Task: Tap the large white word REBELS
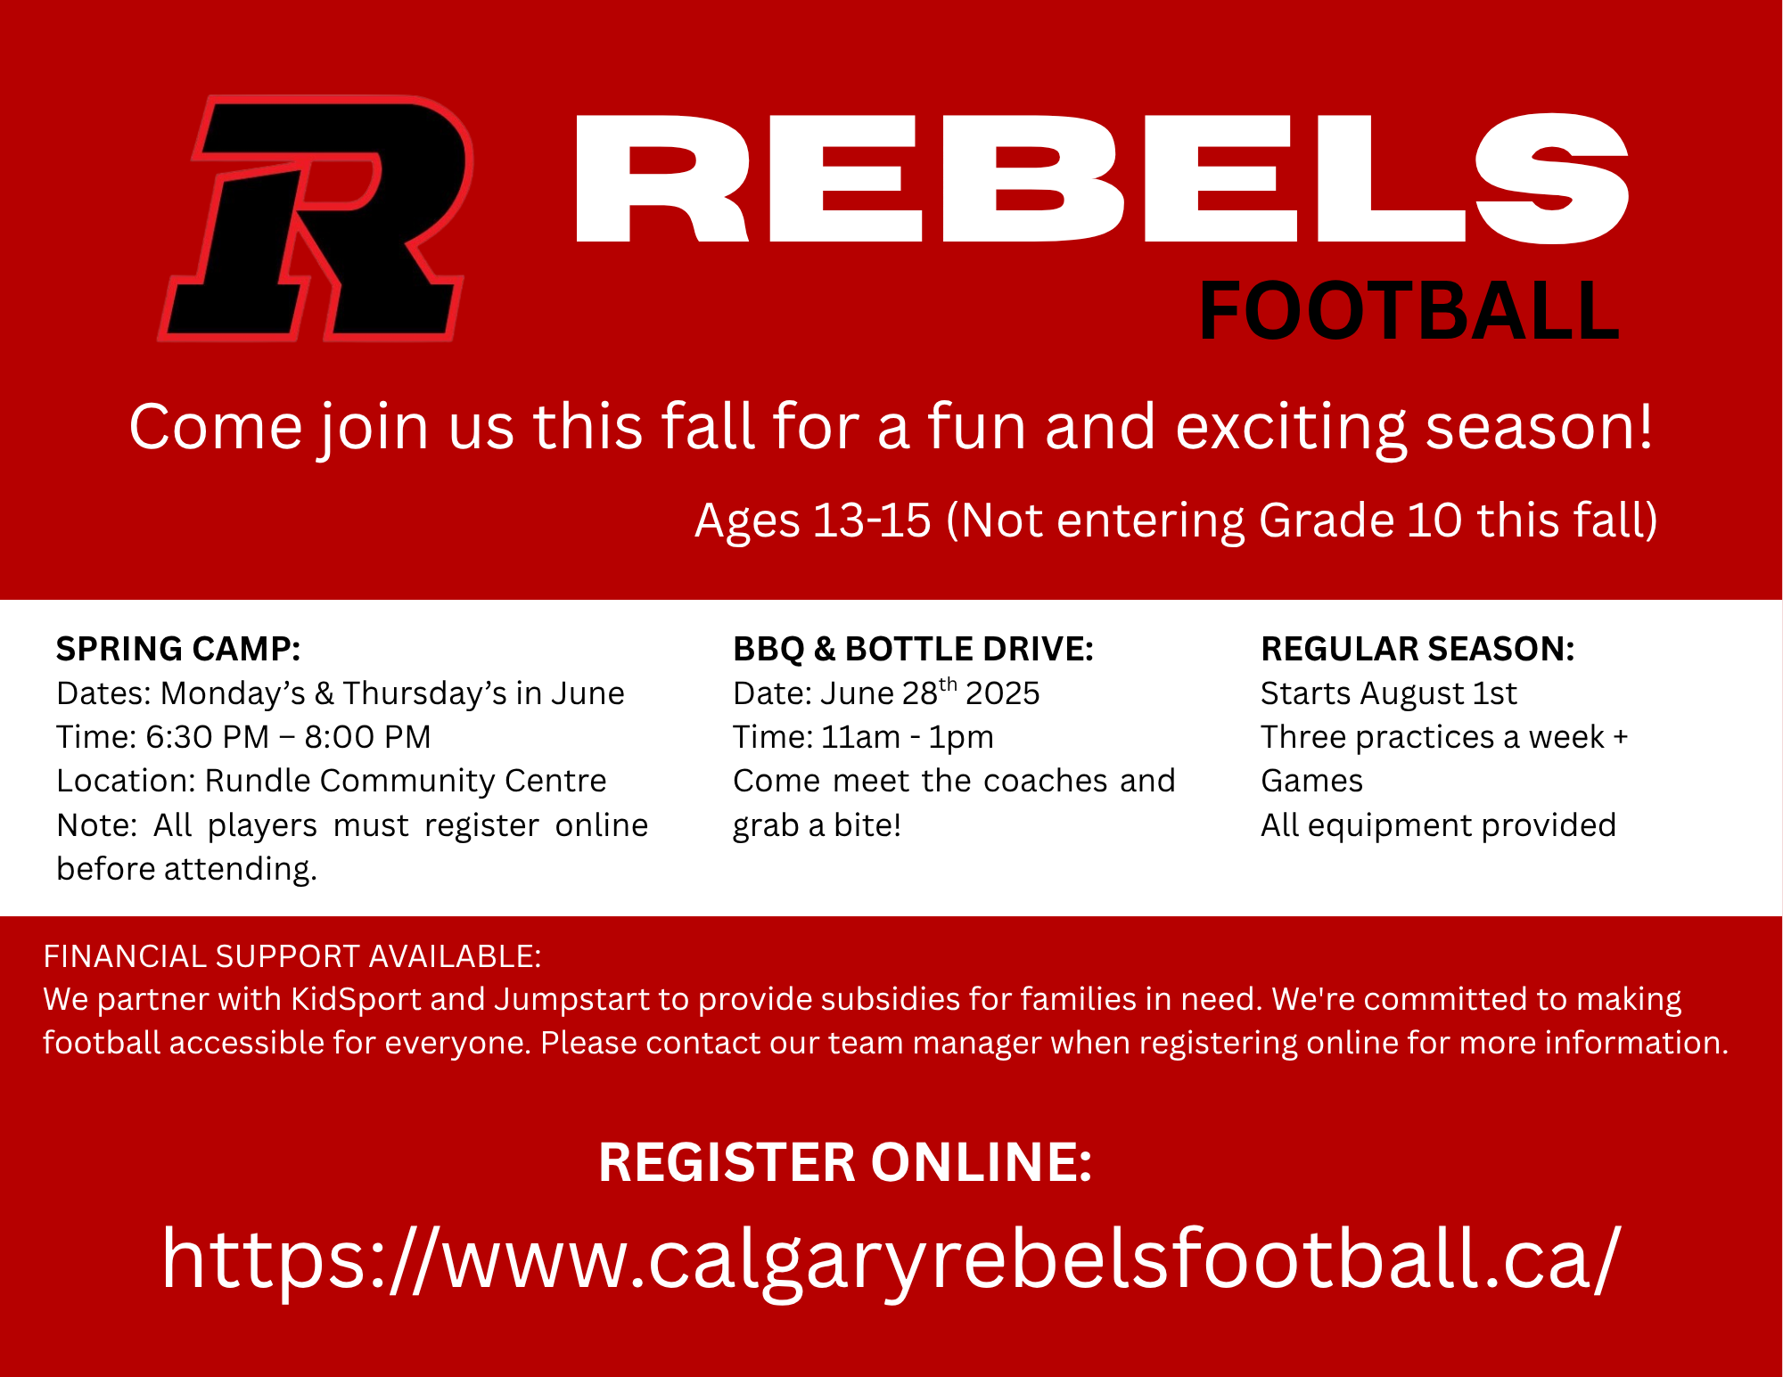[x=1103, y=178]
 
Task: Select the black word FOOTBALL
[x=1409, y=311]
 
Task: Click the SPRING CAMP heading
[x=178, y=649]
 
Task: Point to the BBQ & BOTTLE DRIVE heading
[x=913, y=649]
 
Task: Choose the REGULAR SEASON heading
[x=1417, y=649]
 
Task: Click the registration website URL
[x=891, y=1259]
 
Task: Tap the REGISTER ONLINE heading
[x=845, y=1162]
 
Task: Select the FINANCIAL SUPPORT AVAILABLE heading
[x=292, y=956]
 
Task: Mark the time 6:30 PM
[x=207, y=737]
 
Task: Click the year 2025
[x=1002, y=693]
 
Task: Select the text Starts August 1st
[x=1388, y=693]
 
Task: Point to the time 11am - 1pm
[x=907, y=738]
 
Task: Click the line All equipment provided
[x=1438, y=825]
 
